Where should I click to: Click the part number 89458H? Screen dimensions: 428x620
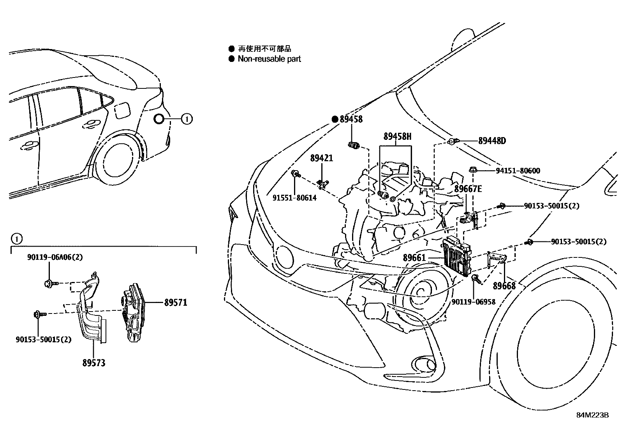(397, 136)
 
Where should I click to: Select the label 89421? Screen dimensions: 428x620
(322, 158)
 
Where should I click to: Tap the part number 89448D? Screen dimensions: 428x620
(492, 141)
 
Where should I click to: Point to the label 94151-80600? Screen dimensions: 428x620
(518, 171)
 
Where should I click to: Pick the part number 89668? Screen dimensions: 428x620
(504, 286)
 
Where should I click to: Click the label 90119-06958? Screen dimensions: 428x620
(474, 301)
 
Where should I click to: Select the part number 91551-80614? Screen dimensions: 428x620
(294, 198)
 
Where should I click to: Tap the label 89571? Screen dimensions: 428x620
(175, 302)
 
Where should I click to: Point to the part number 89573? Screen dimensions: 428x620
(94, 363)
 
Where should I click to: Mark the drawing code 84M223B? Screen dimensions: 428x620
(592, 415)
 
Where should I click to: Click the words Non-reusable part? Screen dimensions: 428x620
(269, 59)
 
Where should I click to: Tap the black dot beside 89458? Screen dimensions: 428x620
(335, 119)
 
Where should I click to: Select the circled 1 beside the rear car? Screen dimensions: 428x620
(187, 119)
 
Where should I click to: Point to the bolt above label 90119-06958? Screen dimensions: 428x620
(476, 278)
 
